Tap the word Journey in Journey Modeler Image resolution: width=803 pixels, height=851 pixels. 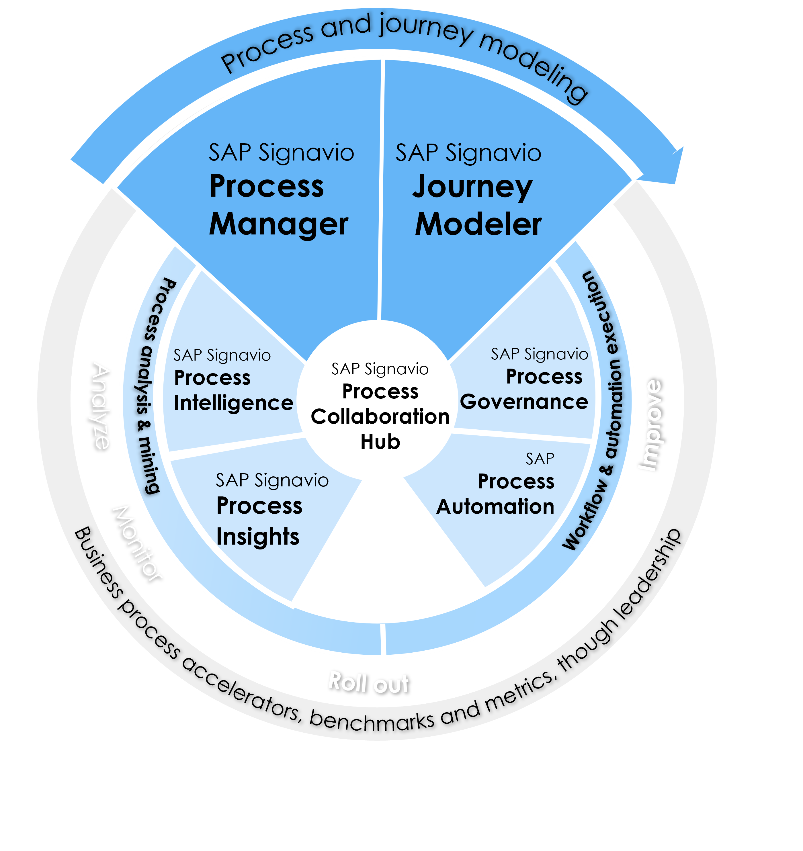click(x=472, y=187)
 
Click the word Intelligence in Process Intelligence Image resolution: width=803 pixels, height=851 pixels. click(x=233, y=403)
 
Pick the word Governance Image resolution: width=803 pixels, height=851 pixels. click(x=524, y=402)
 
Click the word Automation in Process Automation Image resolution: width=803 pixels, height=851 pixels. click(x=495, y=507)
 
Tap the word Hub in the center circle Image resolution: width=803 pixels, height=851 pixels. click(x=380, y=442)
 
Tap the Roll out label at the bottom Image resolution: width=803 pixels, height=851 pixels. click(x=368, y=682)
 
